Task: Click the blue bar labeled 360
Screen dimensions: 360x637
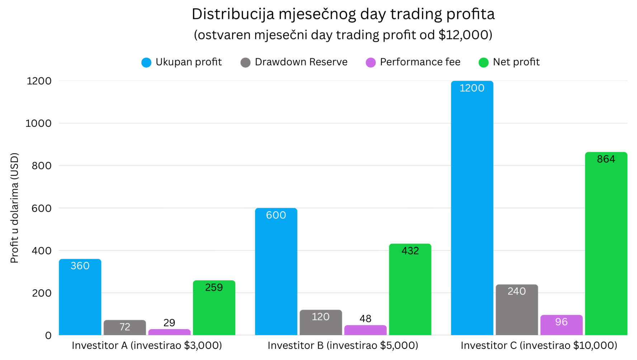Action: pos(80,298)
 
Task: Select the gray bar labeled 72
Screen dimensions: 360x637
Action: pos(124,328)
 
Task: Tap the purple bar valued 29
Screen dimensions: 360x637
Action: pos(169,332)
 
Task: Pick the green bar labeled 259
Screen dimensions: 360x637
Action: pos(214,309)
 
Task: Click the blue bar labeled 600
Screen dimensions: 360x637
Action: pos(276,273)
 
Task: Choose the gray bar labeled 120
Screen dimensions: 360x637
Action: pos(321,323)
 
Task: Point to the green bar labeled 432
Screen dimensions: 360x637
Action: pos(410,291)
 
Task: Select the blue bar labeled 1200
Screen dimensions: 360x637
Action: pos(472,208)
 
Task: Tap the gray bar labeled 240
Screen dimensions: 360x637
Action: pos(516,310)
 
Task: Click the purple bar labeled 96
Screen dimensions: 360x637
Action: pos(561,326)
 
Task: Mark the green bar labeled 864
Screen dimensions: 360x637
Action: pos(606,244)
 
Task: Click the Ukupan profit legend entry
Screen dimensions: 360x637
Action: pos(182,62)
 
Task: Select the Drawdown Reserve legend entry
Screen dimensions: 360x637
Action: pos(294,62)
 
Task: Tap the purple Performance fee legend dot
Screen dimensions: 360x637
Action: pos(371,62)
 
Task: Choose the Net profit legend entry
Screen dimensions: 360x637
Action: pos(509,62)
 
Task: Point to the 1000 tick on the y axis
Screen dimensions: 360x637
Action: pos(38,123)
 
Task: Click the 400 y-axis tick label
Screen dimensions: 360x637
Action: pos(42,251)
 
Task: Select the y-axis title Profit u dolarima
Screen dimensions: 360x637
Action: pos(14,208)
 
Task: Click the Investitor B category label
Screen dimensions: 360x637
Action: pos(343,345)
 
